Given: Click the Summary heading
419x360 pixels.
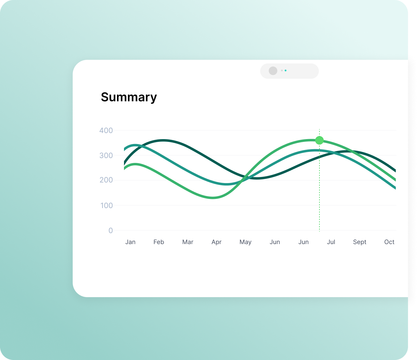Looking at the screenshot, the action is point(129,97).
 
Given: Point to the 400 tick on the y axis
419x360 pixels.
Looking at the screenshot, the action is point(106,130).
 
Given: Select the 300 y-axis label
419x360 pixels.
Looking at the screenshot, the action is point(106,156).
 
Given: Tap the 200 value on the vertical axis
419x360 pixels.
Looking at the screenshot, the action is point(106,180).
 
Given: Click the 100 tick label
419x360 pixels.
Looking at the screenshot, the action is point(106,206).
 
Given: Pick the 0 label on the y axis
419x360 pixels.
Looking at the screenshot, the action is point(111,230).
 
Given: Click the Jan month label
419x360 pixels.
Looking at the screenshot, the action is point(130,242).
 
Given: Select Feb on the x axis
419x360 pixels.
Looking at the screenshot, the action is point(159,242).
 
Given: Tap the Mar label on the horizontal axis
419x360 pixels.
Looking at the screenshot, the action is point(188,242).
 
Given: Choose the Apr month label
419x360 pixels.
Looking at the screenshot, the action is point(217,242).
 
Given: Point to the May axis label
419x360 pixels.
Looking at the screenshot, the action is point(246,242).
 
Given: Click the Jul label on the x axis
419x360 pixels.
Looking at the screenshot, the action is point(331,242).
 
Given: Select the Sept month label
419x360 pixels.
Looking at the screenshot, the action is point(360,242).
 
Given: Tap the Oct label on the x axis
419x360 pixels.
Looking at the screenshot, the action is point(389,242).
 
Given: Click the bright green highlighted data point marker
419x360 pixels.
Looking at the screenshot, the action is point(319,140).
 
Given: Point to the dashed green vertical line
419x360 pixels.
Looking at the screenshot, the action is point(319,180).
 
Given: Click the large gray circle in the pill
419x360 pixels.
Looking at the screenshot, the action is point(273,71).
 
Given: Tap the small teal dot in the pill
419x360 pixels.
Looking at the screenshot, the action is point(286,70).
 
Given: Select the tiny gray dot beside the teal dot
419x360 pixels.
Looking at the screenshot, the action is point(282,70).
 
